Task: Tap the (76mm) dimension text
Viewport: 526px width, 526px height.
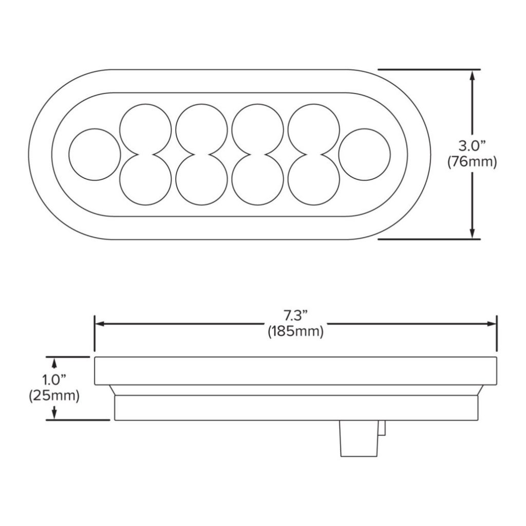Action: [472, 163]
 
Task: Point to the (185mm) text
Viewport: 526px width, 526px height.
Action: [295, 332]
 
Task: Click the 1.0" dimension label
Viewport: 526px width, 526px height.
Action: [54, 381]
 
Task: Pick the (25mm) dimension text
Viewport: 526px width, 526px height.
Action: [54, 396]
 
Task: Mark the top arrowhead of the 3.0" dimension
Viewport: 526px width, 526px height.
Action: [472, 75]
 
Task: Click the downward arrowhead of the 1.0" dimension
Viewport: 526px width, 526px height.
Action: [54, 413]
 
